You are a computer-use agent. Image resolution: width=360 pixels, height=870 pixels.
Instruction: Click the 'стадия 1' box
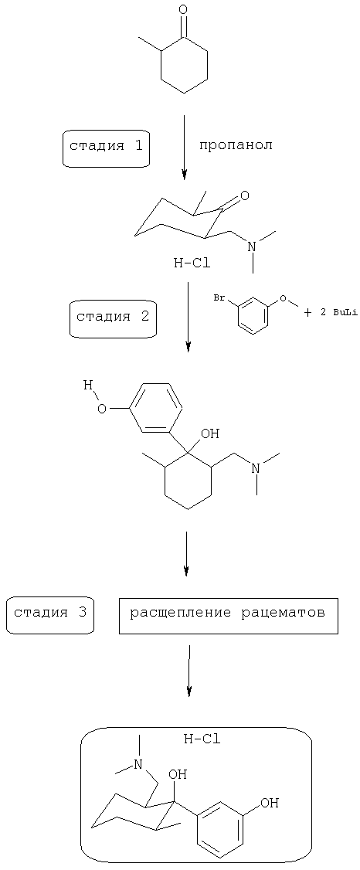(x=107, y=148)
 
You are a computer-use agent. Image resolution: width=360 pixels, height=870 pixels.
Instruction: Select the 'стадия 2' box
(x=113, y=318)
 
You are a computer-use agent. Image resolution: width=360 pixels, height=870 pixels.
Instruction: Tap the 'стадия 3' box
(x=50, y=613)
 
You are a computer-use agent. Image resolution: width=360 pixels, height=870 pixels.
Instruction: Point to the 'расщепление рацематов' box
(x=228, y=614)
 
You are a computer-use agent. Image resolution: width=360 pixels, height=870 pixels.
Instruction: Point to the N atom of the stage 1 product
(x=253, y=245)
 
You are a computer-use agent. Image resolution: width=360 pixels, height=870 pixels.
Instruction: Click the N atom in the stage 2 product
(x=255, y=467)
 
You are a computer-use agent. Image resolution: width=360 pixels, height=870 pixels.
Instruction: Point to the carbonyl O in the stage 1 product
(x=245, y=195)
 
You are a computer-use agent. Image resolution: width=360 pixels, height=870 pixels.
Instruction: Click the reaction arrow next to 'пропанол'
(x=185, y=147)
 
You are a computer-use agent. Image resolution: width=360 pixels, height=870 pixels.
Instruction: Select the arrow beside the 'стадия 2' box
(x=188, y=317)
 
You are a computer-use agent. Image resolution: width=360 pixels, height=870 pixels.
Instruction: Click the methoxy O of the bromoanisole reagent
(x=284, y=299)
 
